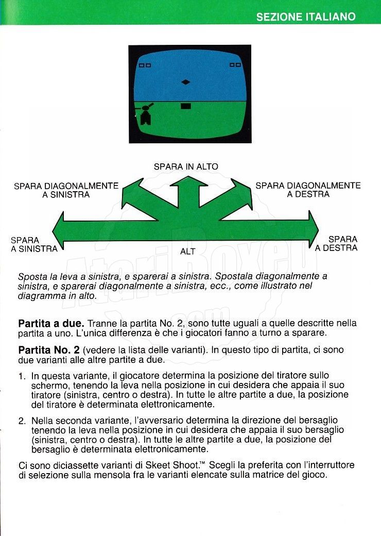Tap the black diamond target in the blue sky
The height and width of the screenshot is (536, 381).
tap(186, 82)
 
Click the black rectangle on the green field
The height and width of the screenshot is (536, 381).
tap(186, 106)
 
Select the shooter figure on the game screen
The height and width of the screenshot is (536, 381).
tap(145, 114)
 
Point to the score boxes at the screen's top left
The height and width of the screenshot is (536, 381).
tap(145, 65)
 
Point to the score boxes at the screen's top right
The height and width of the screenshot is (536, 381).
tap(235, 64)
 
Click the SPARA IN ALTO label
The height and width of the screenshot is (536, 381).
tap(186, 166)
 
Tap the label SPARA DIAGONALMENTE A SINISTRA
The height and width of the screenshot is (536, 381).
tap(66, 190)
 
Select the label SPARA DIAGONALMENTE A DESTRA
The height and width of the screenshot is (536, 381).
tap(308, 190)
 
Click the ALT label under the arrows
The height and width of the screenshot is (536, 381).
tap(188, 252)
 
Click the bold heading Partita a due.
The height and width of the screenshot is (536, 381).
tap(51, 324)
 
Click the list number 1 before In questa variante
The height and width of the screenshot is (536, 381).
tap(22, 376)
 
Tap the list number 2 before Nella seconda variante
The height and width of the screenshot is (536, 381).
tap(22, 421)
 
